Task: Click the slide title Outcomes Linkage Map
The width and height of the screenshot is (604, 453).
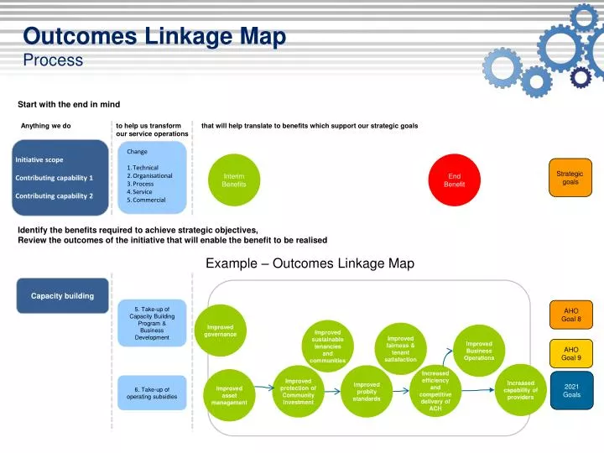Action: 154,37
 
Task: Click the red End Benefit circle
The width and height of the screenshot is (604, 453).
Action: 454,180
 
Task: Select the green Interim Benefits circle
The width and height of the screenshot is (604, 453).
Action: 234,180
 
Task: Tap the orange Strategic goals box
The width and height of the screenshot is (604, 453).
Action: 570,178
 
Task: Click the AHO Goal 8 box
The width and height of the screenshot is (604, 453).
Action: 570,315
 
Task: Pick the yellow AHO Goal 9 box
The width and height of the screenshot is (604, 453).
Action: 570,353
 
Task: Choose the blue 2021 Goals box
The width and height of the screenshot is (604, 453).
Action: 570,390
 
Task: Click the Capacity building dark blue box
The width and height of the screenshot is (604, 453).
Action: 63,295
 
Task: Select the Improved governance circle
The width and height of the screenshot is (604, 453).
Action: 220,330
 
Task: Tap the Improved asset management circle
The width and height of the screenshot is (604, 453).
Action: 229,396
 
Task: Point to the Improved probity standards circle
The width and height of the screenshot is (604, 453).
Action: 367,392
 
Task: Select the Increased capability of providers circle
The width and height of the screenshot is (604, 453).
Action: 520,391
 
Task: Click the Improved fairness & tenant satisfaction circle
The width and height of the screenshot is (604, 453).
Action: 400,349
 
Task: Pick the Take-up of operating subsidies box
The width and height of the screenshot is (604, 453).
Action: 153,393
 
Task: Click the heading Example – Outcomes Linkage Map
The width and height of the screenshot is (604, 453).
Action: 310,263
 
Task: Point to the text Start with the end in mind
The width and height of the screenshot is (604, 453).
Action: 69,105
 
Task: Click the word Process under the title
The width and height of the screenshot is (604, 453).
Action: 53,60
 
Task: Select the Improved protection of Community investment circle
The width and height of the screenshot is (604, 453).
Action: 299,392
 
